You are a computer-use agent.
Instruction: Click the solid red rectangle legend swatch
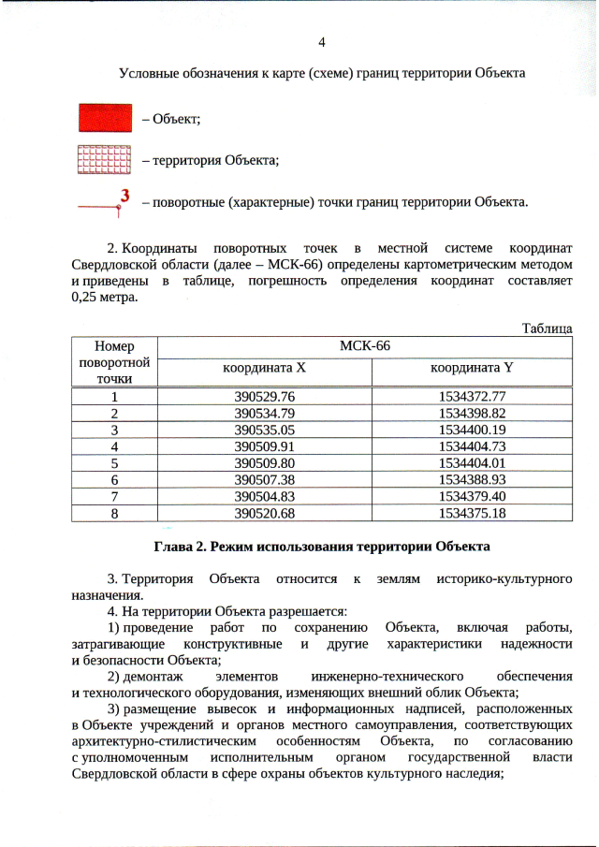(x=103, y=119)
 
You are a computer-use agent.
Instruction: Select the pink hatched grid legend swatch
(x=103, y=160)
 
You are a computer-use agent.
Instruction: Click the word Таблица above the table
(x=547, y=329)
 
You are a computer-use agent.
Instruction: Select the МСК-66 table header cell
(x=364, y=345)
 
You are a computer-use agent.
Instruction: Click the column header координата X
(x=264, y=369)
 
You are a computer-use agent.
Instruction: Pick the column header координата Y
(x=472, y=369)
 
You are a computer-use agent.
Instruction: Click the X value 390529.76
(x=264, y=397)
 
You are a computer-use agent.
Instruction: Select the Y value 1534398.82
(x=472, y=413)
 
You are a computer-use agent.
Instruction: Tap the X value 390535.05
(x=264, y=430)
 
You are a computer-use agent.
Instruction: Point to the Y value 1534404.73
(x=472, y=446)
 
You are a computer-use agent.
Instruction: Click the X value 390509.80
(x=264, y=462)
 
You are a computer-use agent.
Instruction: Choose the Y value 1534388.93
(x=472, y=479)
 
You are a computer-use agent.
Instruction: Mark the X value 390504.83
(x=264, y=496)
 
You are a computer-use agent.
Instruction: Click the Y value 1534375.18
(x=472, y=513)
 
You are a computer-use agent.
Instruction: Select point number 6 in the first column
(x=115, y=479)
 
